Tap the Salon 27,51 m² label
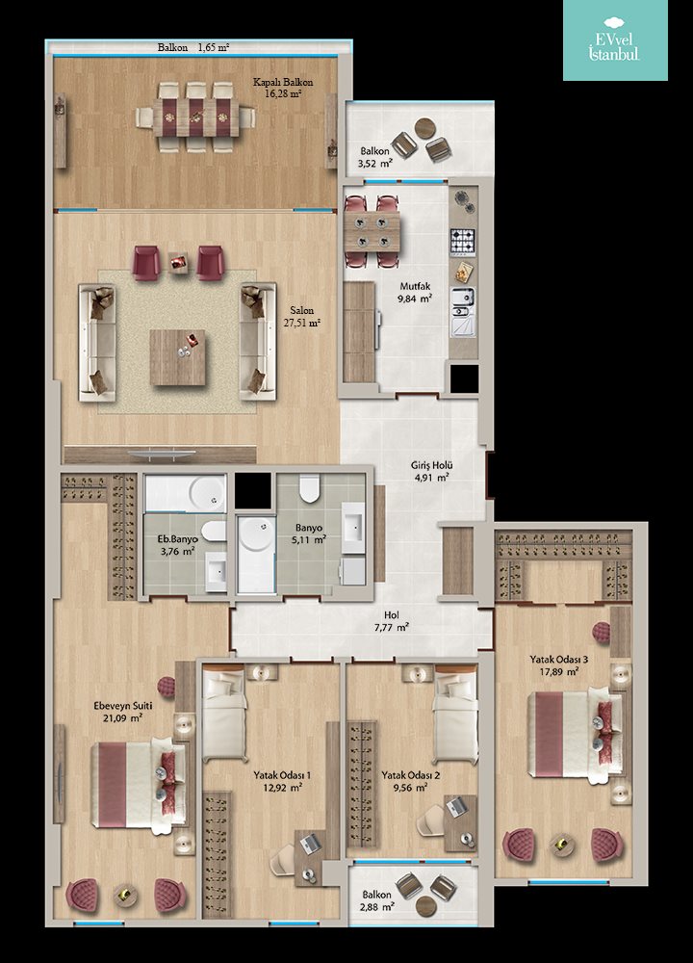pyautogui.click(x=302, y=317)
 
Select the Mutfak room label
pyautogui.click(x=416, y=287)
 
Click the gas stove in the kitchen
pyautogui.click(x=463, y=242)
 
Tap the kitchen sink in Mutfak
pyautogui.click(x=463, y=312)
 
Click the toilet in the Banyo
pyautogui.click(x=309, y=488)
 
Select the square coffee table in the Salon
pyautogui.click(x=177, y=357)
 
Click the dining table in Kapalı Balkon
pyautogui.click(x=195, y=117)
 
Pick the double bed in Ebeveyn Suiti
pyautogui.click(x=139, y=784)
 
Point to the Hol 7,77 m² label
pyautogui.click(x=392, y=621)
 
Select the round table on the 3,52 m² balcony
pyautogui.click(x=425, y=128)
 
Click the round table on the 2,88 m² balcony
pyautogui.click(x=425, y=906)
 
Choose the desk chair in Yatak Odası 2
pyautogui.click(x=431, y=820)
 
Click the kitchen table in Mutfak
pyautogui.click(x=372, y=231)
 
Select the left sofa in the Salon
pyautogui.click(x=97, y=342)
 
